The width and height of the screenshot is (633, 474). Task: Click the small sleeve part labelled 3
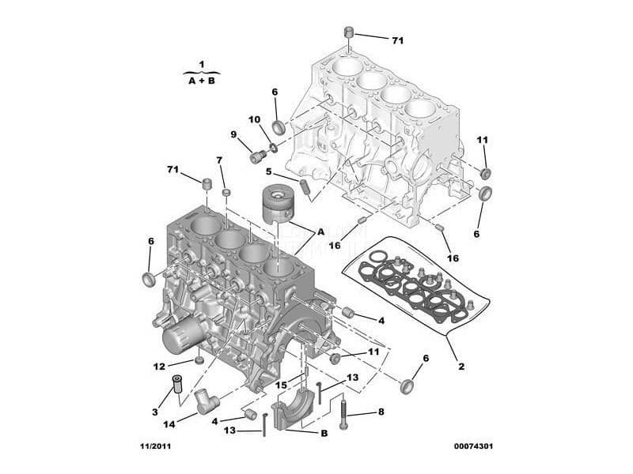coord(176,383)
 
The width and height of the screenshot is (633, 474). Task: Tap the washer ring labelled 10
coord(273,148)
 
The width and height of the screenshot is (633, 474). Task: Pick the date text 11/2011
coord(155,446)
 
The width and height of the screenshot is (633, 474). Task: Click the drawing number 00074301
coord(473,446)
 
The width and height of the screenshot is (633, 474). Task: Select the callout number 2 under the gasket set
coord(461,367)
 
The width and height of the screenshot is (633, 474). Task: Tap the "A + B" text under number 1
coord(202,81)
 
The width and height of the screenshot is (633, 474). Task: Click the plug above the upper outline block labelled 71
coord(349,32)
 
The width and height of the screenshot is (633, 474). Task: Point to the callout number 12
coord(159,367)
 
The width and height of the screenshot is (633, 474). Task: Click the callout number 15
coord(281,386)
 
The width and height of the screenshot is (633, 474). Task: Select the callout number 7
coord(219,160)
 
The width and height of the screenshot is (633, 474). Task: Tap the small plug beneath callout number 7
coord(226,192)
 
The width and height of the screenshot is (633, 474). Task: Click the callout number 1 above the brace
coord(202,65)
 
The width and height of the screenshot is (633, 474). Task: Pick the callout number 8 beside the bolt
coord(381,412)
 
